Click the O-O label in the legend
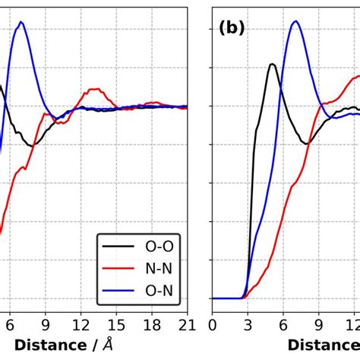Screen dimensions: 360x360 (158, 247)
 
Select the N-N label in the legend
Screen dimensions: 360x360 (158, 268)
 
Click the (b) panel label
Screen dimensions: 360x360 (232, 28)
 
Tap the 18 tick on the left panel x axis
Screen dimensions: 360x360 (151, 324)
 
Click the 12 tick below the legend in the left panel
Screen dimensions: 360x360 (81, 324)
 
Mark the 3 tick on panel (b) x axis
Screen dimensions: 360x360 (247, 324)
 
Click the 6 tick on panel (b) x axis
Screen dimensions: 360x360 (283, 324)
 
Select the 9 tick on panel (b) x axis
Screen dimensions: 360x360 (317, 324)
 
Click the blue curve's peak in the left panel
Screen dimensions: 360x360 (21, 22)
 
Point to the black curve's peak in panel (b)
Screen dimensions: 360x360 (271, 64)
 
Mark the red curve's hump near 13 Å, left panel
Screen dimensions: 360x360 (93, 90)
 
